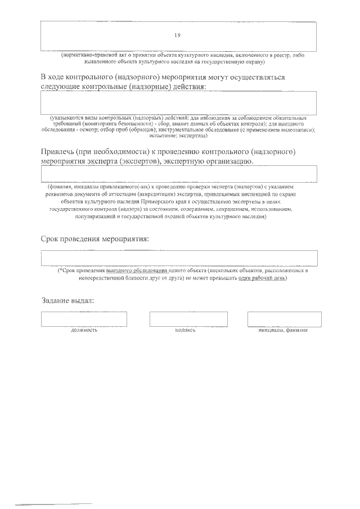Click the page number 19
click(177, 35)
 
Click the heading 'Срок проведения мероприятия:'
click(95, 238)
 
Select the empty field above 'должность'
click(84, 319)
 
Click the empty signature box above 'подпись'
click(188, 319)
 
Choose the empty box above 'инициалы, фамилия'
click(284, 319)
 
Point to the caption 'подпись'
click(185, 330)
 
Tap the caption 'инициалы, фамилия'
click(283, 330)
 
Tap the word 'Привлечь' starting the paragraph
click(58, 151)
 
